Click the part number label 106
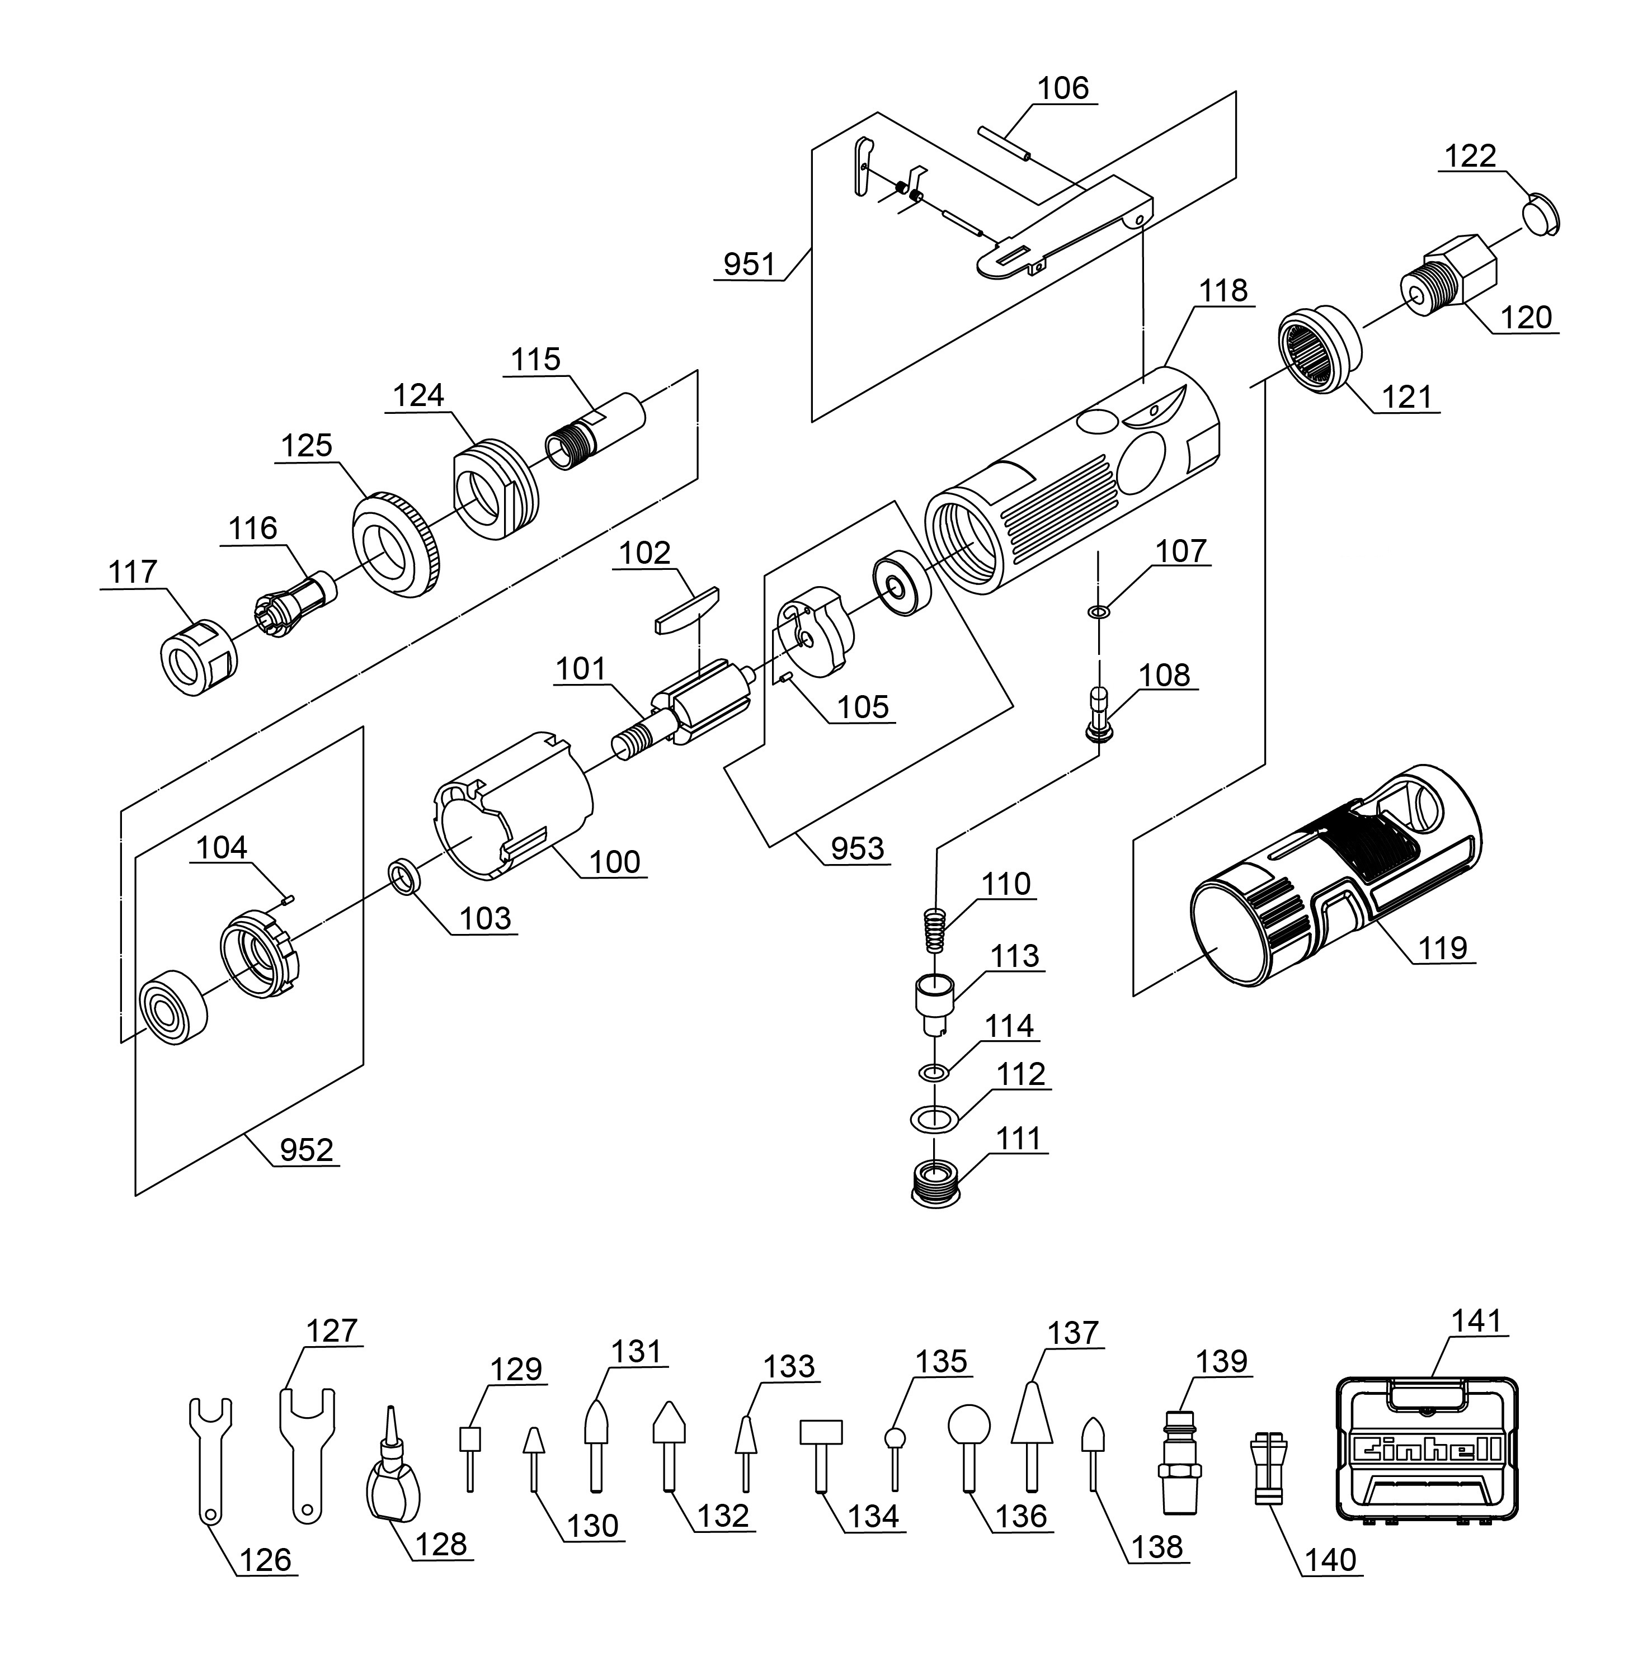coord(1063,88)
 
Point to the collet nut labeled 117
coord(199,658)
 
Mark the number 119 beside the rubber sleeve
coord(1442,948)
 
